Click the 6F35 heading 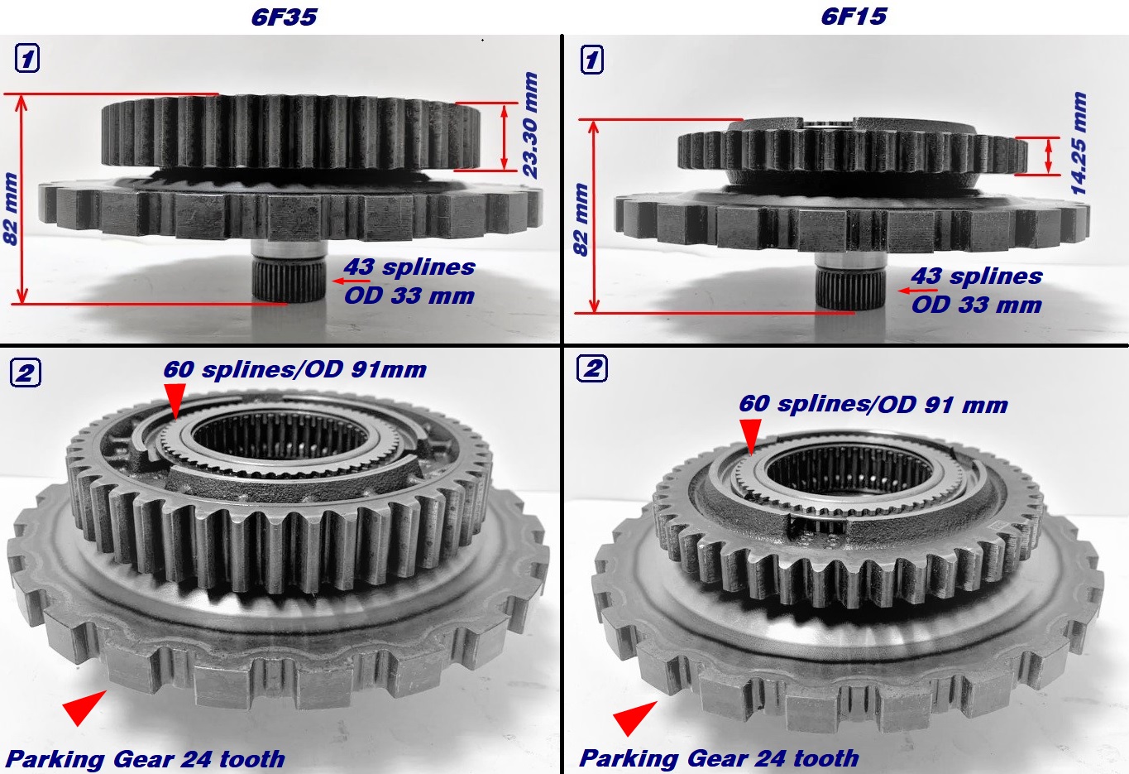click(x=284, y=17)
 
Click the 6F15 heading click(x=853, y=17)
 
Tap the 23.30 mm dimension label click(x=530, y=125)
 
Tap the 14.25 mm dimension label click(x=1079, y=143)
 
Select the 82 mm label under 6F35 click(x=11, y=208)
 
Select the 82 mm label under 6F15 click(x=581, y=219)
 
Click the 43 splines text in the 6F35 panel click(x=409, y=267)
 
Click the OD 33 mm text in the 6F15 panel click(x=976, y=305)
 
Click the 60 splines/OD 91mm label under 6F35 click(x=294, y=369)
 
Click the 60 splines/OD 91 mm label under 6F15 click(x=873, y=405)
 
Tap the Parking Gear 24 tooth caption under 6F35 click(x=146, y=759)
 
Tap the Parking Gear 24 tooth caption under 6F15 click(x=719, y=758)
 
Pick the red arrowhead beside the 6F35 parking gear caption click(x=83, y=707)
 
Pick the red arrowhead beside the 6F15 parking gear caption click(x=633, y=717)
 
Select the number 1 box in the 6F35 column click(x=27, y=59)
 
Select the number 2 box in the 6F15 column click(x=592, y=368)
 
